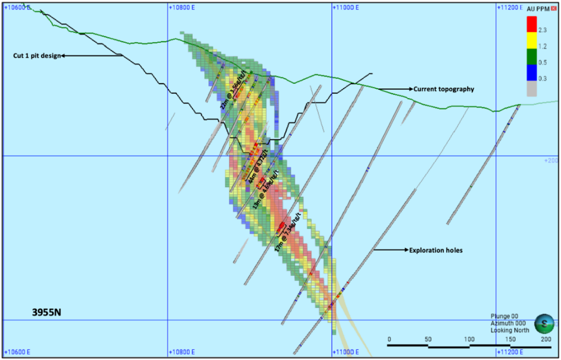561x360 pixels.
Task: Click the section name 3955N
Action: coord(48,312)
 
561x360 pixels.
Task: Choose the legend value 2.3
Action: coord(543,30)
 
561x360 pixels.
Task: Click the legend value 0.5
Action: coord(543,62)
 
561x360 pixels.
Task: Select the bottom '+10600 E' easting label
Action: coord(17,352)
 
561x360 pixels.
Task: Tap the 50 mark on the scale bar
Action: coord(428,339)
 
